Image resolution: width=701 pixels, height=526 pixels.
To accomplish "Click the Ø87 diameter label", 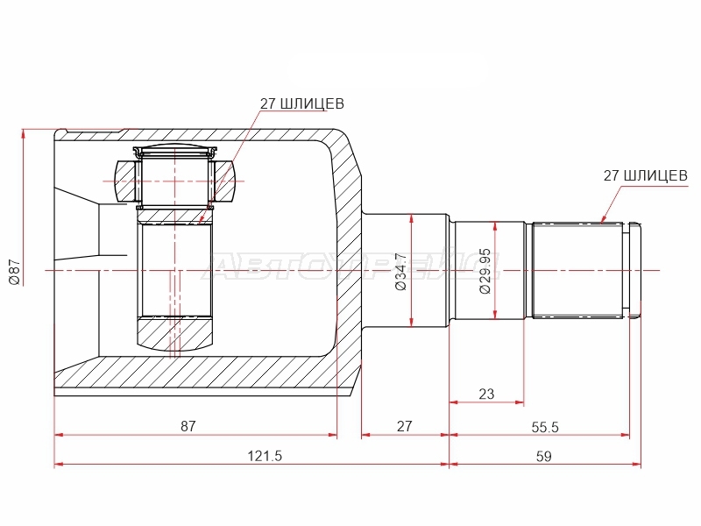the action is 14,272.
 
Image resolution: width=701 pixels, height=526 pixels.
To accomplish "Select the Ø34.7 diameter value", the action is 401,272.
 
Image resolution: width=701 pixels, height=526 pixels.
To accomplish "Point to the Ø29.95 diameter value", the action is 485,272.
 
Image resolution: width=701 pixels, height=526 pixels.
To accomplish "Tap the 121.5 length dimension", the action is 266,456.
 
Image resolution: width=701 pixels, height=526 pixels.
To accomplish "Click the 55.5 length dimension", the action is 545,427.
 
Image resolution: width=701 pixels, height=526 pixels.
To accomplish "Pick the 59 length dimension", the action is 543,456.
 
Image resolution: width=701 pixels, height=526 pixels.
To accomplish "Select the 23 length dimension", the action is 486,394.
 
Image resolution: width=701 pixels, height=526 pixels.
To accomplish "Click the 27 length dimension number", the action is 404,426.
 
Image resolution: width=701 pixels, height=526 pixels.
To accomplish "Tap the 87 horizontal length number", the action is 188,426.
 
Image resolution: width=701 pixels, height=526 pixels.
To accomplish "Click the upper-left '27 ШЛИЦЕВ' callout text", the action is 302,103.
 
